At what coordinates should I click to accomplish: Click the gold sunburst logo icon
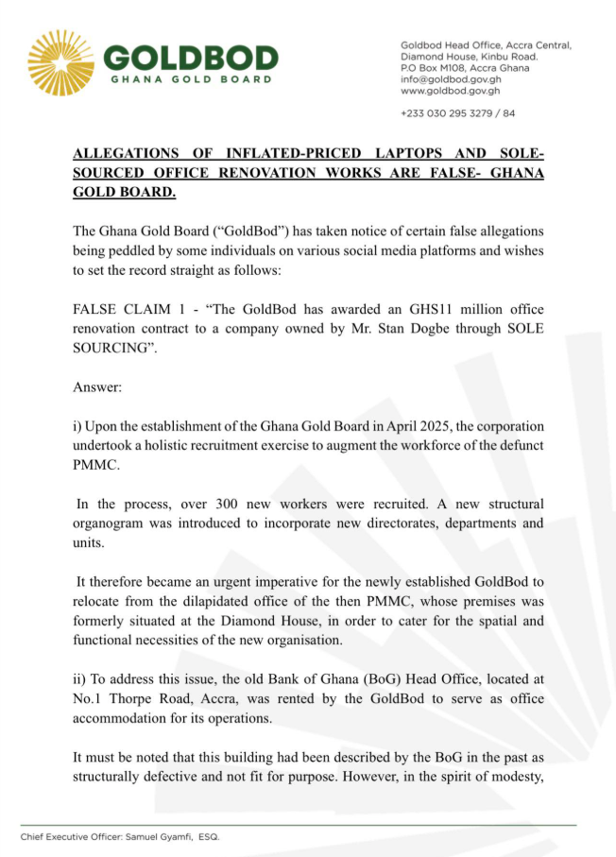pos(60,62)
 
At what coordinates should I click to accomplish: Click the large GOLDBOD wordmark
pos(190,58)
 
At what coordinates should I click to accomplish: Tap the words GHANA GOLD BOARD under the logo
pos(191,79)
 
